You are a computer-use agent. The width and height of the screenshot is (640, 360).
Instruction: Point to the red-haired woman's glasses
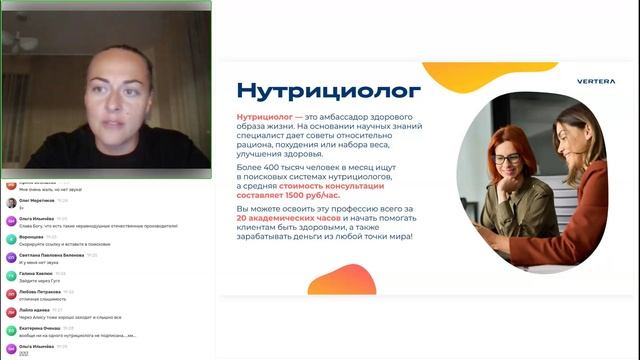coord(507,158)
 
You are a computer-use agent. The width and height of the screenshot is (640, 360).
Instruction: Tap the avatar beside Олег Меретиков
coord(10,203)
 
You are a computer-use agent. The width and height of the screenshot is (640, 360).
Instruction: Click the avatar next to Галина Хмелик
coord(10,276)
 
